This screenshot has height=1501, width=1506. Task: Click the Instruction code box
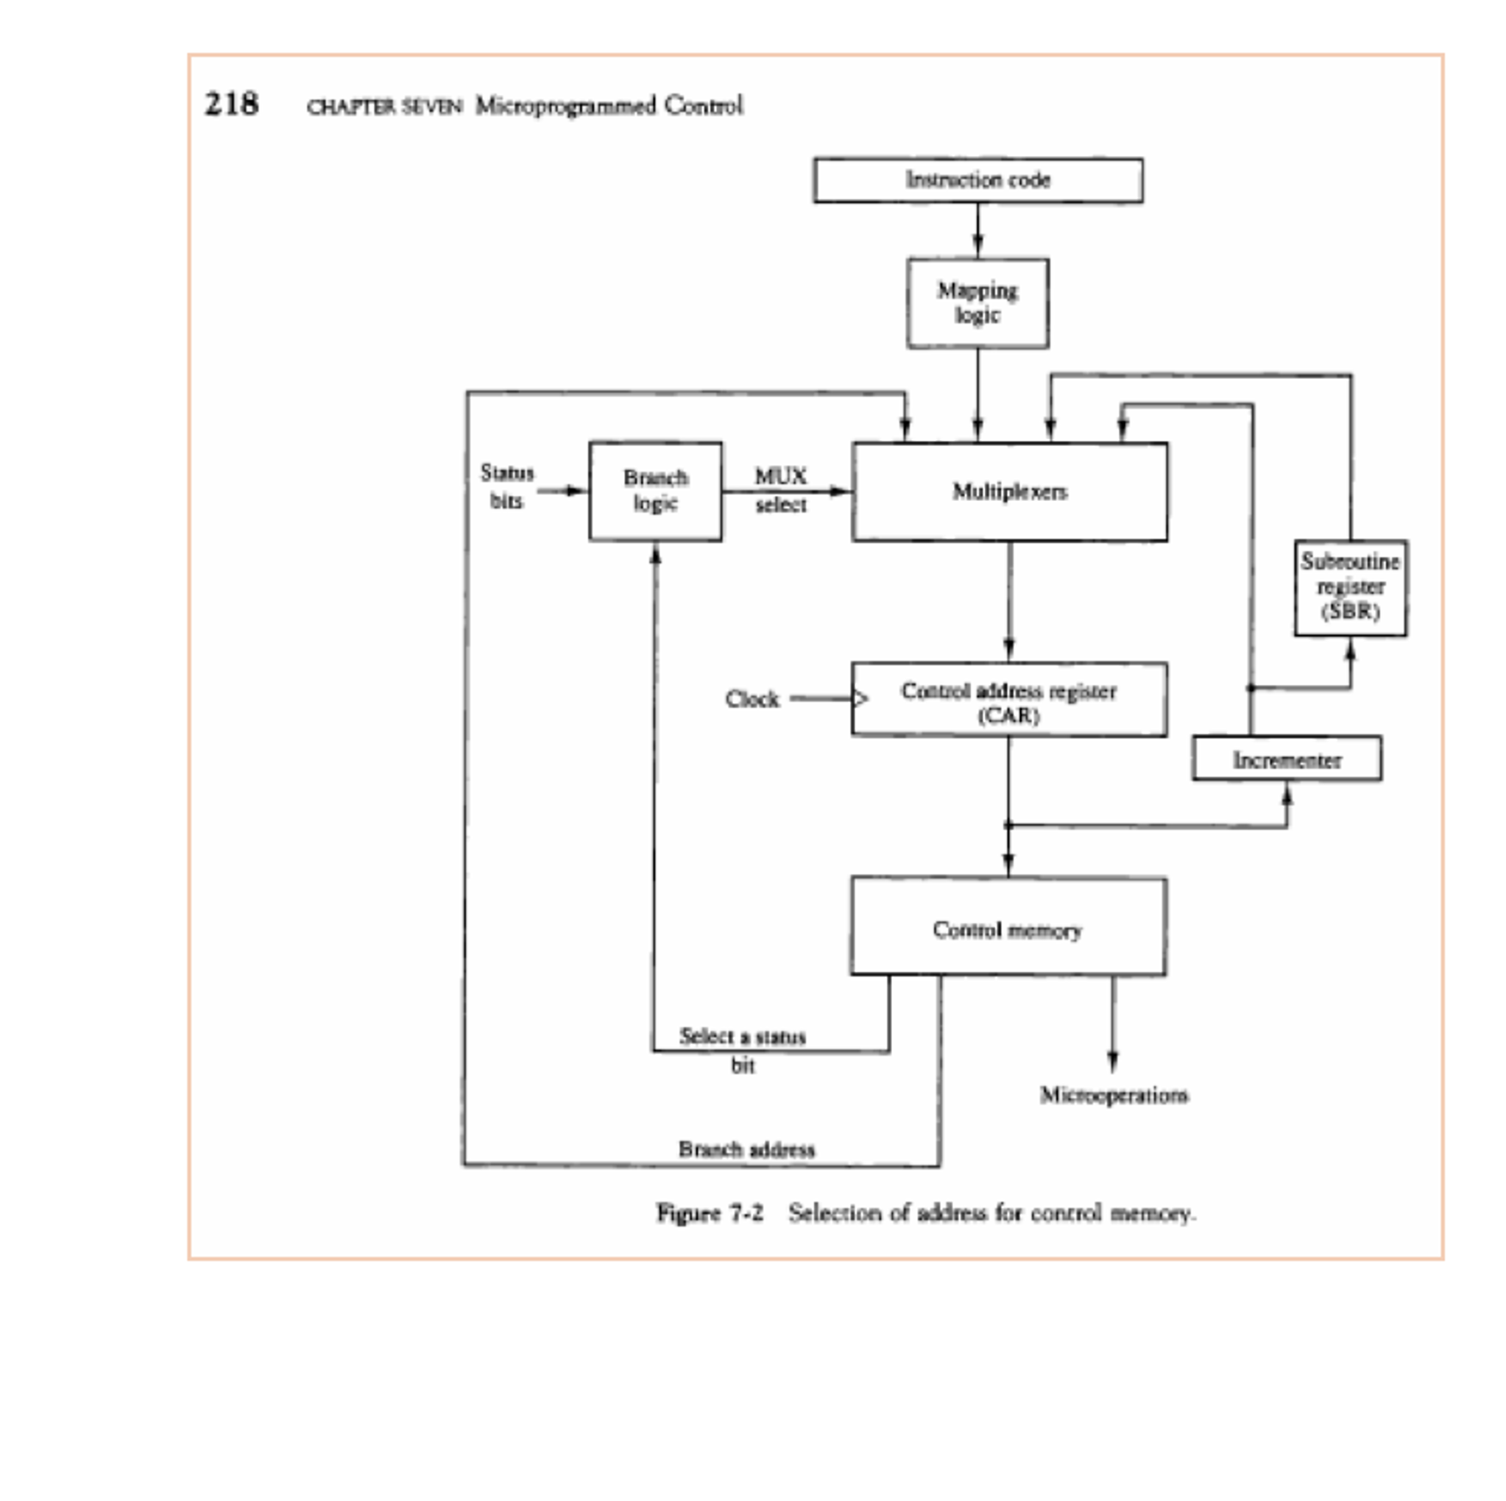(978, 180)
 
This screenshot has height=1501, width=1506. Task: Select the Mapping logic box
(978, 303)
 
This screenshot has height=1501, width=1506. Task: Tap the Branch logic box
(655, 491)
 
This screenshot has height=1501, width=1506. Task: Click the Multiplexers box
(1009, 492)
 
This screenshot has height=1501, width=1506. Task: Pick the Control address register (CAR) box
(1008, 700)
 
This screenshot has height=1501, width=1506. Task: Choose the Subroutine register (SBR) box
(1350, 588)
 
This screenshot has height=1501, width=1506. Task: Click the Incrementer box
(1286, 759)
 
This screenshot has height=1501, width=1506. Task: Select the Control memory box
(1008, 927)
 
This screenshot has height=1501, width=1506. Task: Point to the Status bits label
(506, 487)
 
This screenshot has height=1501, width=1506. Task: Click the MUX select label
(780, 490)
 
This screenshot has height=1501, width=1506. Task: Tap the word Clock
(752, 699)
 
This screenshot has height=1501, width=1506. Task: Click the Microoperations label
(1113, 1096)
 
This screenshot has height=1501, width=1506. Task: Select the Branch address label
(746, 1149)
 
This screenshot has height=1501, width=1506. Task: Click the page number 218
(232, 104)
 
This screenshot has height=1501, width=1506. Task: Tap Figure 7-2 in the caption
(710, 1213)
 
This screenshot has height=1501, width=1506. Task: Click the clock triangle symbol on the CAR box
(860, 699)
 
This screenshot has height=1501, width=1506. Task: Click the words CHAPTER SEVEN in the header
(384, 107)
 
